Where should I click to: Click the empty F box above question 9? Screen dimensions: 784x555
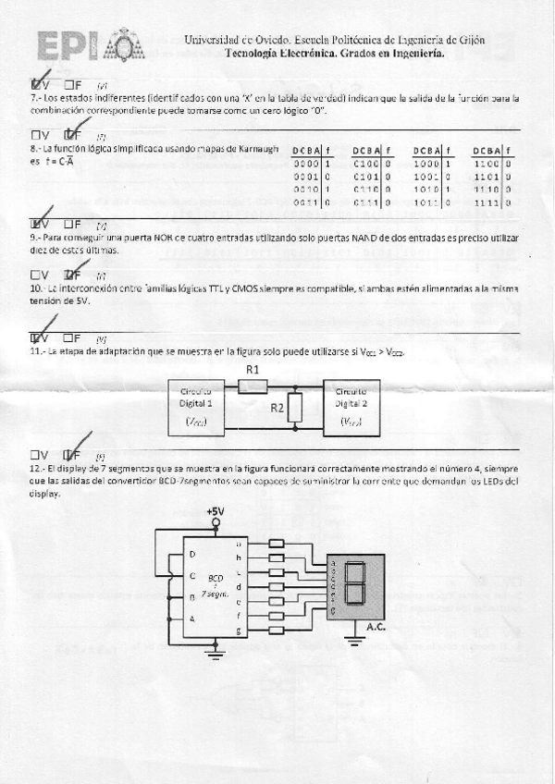tap(68, 223)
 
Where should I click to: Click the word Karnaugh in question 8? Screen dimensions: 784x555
tap(253, 149)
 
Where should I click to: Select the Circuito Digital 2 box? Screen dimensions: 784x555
tap(351, 408)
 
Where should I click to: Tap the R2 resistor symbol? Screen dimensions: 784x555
tap(295, 408)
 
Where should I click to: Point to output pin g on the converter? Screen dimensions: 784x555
tap(240, 630)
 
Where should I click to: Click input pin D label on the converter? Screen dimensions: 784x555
tap(192, 554)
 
